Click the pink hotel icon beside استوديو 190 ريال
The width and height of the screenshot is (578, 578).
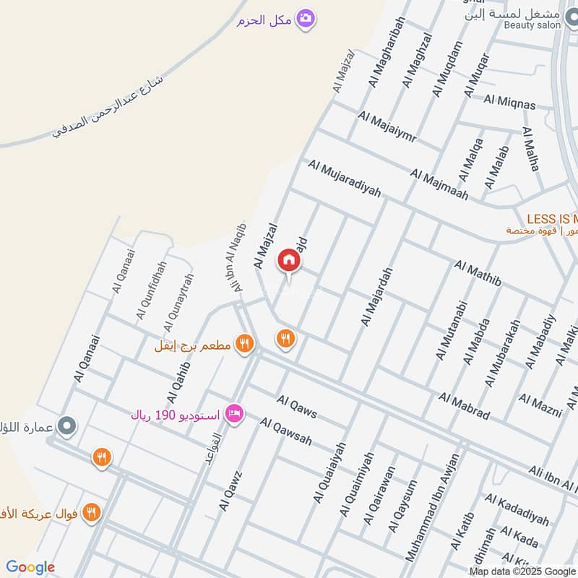[235, 414]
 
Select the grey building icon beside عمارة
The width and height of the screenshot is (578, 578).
[67, 426]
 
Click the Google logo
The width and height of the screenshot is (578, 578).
[30, 567]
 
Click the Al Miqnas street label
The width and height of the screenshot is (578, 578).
[510, 103]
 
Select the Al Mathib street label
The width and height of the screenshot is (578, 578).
[478, 275]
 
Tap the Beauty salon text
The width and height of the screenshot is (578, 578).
[532, 25]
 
